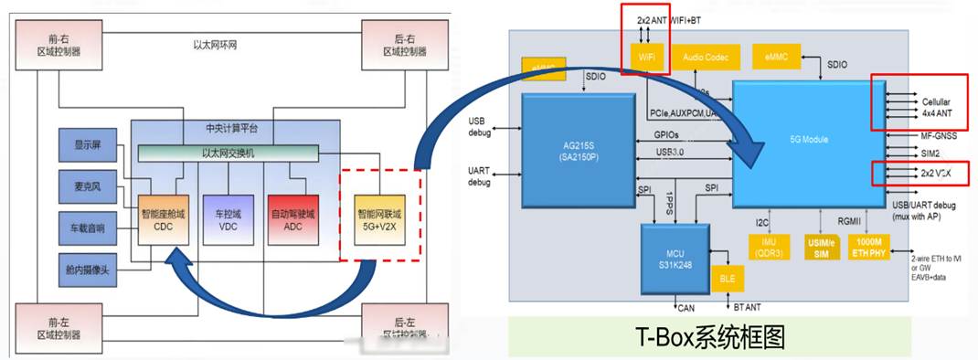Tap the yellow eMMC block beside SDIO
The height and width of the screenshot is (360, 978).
coord(773,58)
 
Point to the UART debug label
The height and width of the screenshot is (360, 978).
coord(479,175)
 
